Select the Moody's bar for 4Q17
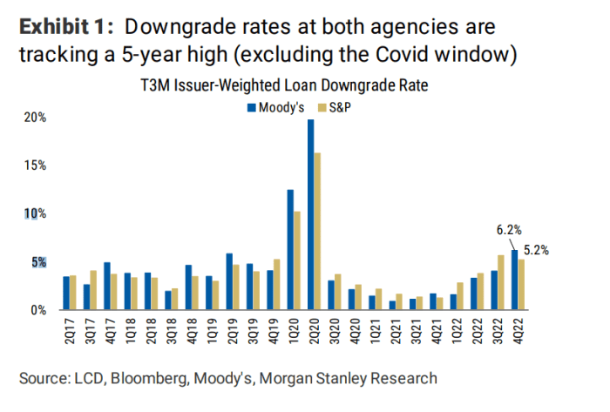[x=106, y=286]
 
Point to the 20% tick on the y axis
[x=35, y=118]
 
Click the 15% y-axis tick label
[x=35, y=165]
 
